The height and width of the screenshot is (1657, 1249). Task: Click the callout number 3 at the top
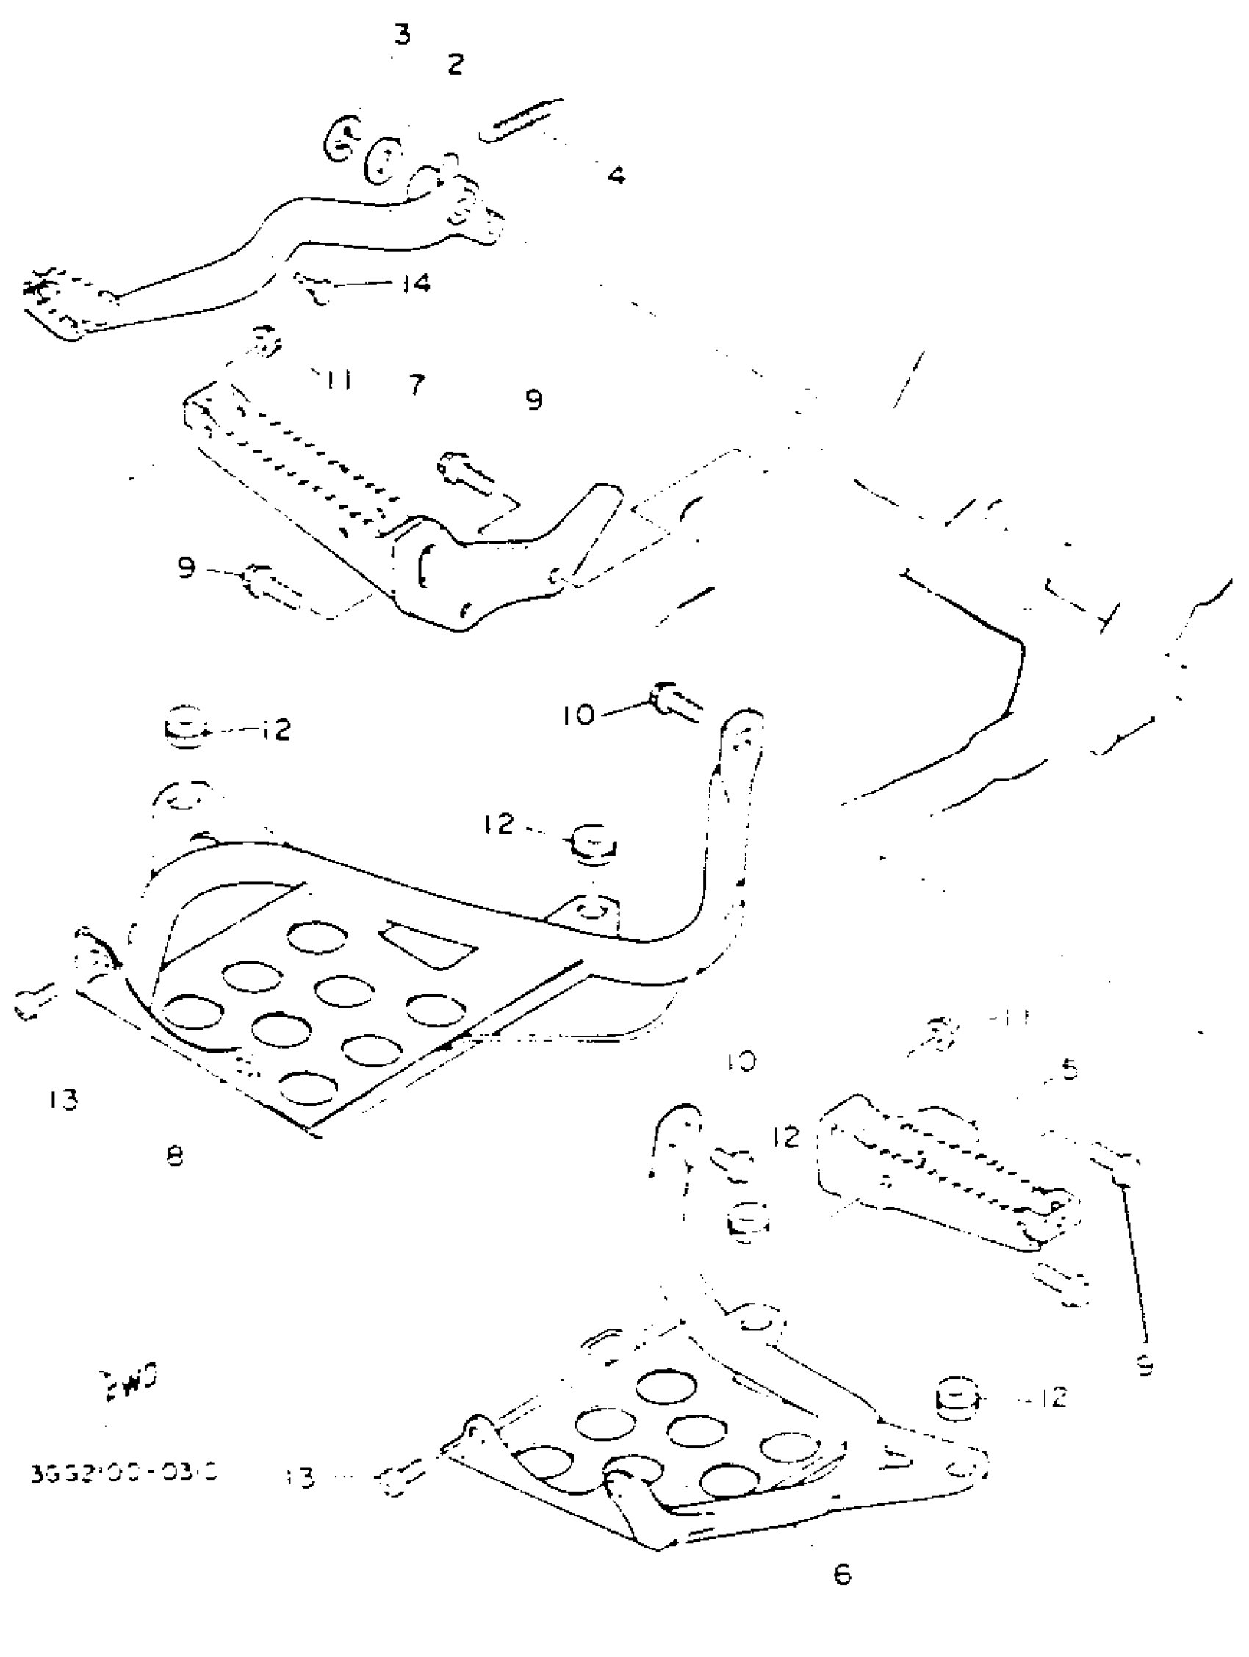(x=403, y=35)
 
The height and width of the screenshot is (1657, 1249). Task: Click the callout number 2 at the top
(x=455, y=64)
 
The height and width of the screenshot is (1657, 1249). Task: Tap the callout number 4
(x=615, y=176)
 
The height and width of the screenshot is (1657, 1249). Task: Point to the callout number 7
(x=417, y=384)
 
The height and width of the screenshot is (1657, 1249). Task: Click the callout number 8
(x=175, y=1156)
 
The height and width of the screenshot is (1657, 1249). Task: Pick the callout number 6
(x=842, y=1574)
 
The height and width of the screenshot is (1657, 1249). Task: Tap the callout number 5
(x=1069, y=1069)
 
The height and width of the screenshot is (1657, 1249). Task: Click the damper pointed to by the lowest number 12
(x=957, y=1398)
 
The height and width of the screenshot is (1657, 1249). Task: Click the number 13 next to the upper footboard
(x=63, y=1099)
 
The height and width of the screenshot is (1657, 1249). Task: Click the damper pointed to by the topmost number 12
(x=184, y=725)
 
